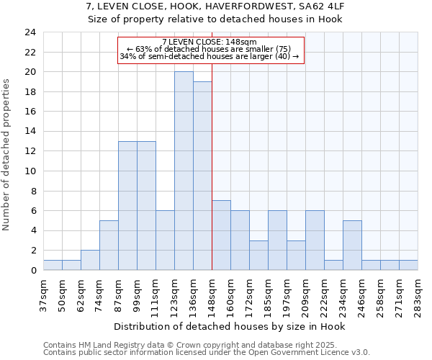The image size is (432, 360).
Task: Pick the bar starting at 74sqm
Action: tap(109, 245)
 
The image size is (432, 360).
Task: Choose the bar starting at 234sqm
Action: tap(352, 245)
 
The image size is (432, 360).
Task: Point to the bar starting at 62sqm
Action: tap(90, 260)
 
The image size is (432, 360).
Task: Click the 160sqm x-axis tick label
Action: tap(230, 295)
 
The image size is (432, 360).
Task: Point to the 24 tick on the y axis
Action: tap(30, 32)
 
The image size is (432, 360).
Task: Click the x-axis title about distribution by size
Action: tap(230, 326)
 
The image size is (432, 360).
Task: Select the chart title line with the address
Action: tap(216, 6)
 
